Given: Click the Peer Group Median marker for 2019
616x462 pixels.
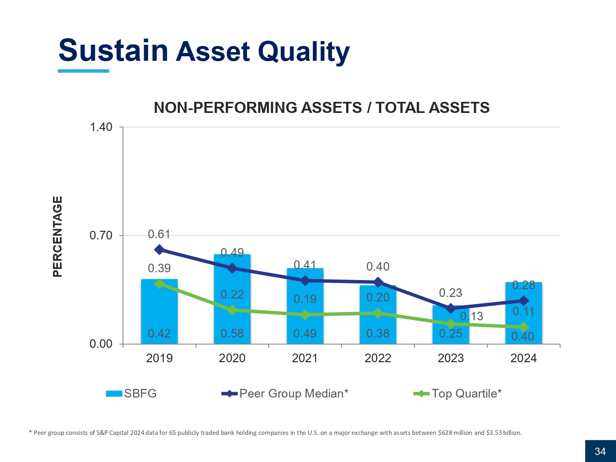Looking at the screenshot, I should point(159,250).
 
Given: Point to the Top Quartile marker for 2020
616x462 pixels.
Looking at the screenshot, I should point(232,310).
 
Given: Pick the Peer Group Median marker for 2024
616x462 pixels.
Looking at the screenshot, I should point(524,301).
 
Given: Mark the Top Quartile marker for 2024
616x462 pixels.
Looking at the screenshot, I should point(524,327).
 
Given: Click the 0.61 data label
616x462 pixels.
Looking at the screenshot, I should point(159,234).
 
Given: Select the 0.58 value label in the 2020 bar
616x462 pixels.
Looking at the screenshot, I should point(232,333).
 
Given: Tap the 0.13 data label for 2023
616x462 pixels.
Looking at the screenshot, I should point(471,316).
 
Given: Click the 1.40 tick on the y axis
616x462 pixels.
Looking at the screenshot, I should point(101,127).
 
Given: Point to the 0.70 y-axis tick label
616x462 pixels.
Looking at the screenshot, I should point(101,236).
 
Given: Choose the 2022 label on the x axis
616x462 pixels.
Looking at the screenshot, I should point(378,358).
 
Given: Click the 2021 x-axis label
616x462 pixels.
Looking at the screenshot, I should point(305,358).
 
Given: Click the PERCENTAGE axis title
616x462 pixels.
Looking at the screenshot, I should point(58,236).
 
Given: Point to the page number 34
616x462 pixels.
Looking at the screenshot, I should point(600,451).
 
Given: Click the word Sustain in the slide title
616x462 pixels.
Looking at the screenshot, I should point(113,51).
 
